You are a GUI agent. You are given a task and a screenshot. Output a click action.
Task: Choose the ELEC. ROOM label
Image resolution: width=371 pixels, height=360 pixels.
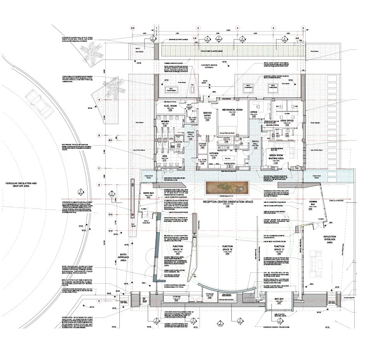click(x=170, y=106)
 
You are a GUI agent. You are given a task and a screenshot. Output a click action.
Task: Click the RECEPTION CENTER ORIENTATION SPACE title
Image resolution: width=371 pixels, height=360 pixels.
click(x=227, y=202)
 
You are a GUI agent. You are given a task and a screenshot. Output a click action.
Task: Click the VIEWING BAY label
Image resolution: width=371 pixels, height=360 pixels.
click(x=310, y=204)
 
